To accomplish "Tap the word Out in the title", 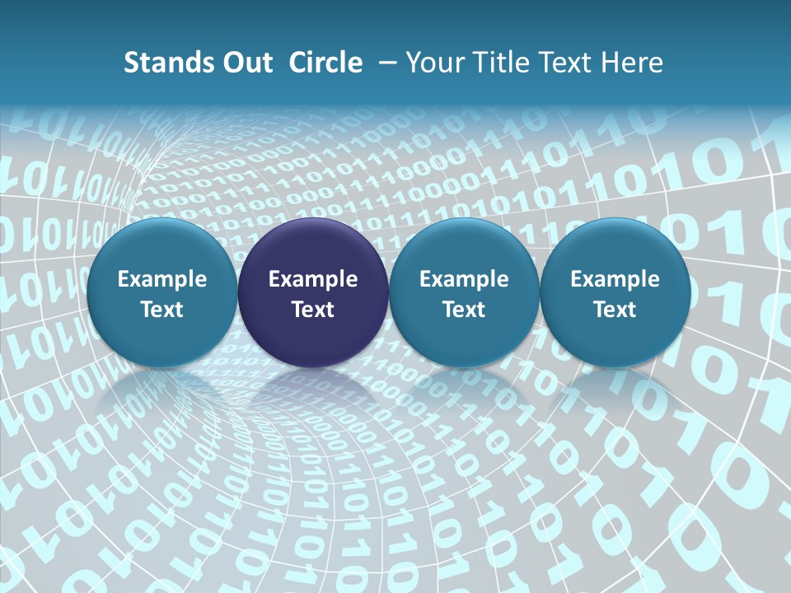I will [245, 63].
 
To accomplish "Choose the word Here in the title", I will [630, 63].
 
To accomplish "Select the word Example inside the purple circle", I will [313, 279].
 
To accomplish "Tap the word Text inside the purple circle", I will [313, 310].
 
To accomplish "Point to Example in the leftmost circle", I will [161, 279].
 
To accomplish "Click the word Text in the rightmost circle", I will [615, 310].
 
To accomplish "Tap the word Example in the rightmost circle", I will [615, 279].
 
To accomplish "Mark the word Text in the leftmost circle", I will [161, 310].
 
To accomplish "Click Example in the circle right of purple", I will [464, 279].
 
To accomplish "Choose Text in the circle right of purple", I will [464, 310].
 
